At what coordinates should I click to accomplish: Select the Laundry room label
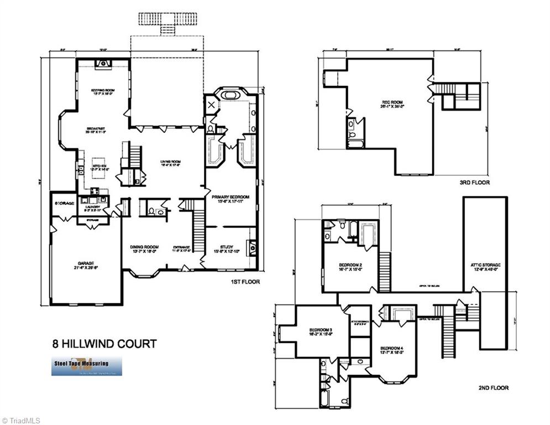coord(93,208)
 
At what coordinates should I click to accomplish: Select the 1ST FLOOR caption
coord(245,282)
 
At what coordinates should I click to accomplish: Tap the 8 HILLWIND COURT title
coord(103,344)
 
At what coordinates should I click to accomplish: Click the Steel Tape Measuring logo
coord(87,366)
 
